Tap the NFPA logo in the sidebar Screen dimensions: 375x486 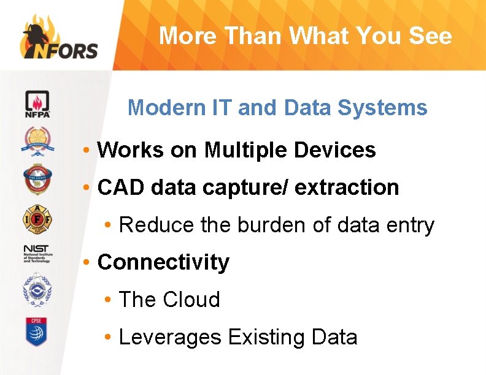click(37, 105)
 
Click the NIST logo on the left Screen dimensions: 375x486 click(37, 252)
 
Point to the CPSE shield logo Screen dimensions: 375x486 click(37, 331)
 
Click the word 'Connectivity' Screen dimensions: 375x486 click(163, 262)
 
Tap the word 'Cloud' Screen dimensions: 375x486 click(191, 300)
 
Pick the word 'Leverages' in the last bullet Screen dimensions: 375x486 click(170, 338)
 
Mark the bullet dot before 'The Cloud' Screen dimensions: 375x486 click(108, 300)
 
